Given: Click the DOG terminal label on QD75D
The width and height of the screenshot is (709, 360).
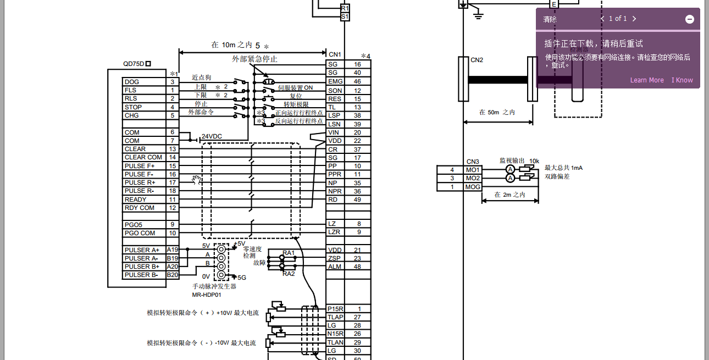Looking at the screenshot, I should pyautogui.click(x=132, y=82).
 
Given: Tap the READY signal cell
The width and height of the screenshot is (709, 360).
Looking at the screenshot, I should pyautogui.click(x=136, y=200).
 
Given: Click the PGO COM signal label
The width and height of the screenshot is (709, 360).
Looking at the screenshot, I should pyautogui.click(x=140, y=233).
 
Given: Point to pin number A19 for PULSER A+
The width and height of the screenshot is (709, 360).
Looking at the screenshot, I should pyautogui.click(x=173, y=250).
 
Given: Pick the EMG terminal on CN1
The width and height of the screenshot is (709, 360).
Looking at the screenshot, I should pyautogui.click(x=335, y=81).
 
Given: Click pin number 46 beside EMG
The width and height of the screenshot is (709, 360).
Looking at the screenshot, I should pyautogui.click(x=357, y=81).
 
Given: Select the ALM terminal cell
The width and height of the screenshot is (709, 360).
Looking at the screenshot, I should pyautogui.click(x=335, y=267).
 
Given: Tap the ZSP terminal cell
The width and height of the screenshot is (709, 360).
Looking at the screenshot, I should pyautogui.click(x=335, y=258).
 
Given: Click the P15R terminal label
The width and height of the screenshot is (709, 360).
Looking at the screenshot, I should pyautogui.click(x=335, y=309).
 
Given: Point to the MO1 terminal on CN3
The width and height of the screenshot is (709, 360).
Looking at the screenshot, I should pyautogui.click(x=473, y=170).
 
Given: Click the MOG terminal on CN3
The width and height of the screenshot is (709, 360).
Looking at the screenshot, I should pyautogui.click(x=473, y=187).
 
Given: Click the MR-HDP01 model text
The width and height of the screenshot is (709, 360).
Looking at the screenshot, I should pyautogui.click(x=207, y=295).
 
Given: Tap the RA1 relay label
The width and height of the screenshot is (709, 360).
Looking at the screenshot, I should pyautogui.click(x=289, y=253).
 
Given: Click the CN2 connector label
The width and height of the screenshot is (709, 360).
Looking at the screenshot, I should pyautogui.click(x=477, y=60).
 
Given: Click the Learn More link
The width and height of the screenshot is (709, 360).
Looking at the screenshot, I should pyautogui.click(x=647, y=80).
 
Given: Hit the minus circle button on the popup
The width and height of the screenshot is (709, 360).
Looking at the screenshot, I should pyautogui.click(x=690, y=19).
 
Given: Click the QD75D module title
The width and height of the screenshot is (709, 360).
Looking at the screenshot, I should pyautogui.click(x=137, y=64).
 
